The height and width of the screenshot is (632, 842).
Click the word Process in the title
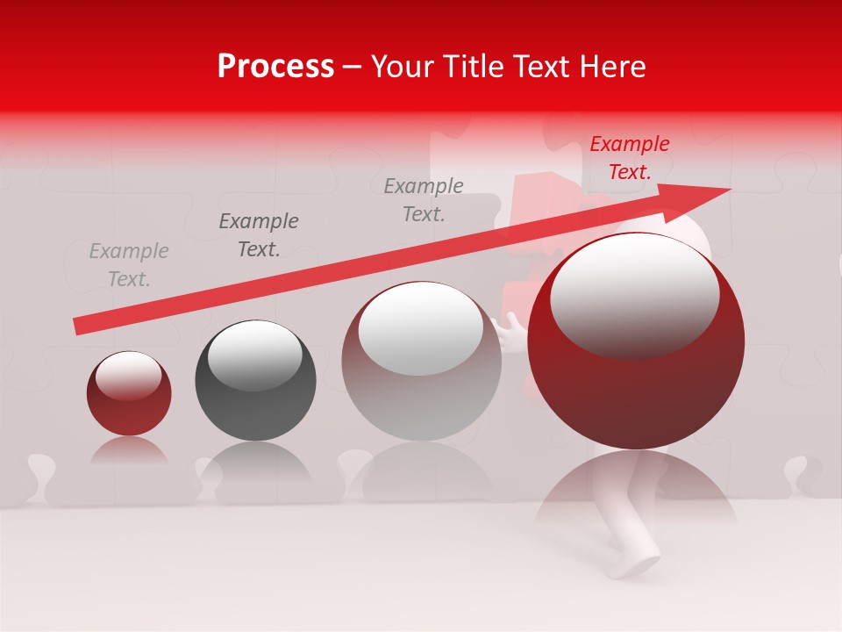click(x=275, y=67)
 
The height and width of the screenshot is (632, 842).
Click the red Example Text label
click(x=629, y=158)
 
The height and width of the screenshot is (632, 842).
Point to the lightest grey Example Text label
click(x=129, y=265)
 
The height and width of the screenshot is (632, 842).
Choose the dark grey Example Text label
click(x=259, y=235)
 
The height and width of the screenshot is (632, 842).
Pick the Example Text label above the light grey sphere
click(x=424, y=199)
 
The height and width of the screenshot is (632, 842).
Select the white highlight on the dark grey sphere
click(x=254, y=355)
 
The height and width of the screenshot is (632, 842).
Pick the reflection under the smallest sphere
click(x=129, y=451)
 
